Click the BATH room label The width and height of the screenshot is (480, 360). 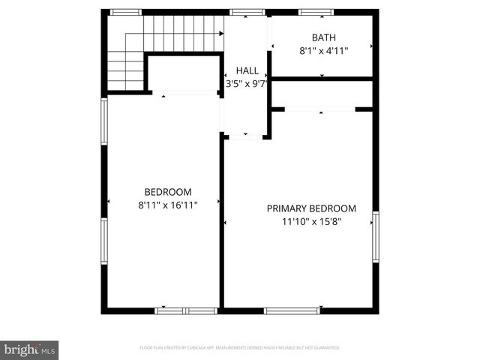tap(324, 37)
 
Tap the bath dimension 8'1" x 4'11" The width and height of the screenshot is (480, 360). tap(324, 51)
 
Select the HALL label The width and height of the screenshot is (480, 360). tap(247, 70)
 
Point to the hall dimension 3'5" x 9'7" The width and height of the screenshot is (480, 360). tap(247, 84)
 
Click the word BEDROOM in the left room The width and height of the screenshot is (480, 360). tap(168, 191)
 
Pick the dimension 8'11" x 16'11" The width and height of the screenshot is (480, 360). tap(168, 205)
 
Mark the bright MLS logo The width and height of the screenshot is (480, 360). tap(30, 349)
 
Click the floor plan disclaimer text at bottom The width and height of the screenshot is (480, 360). tap(240, 348)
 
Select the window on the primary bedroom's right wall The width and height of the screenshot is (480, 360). tap(375, 237)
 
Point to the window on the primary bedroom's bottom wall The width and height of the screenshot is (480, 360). tap(292, 310)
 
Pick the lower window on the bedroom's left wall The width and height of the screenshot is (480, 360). tap(105, 242)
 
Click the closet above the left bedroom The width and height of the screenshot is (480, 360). tap(182, 73)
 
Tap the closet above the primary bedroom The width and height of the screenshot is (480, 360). tap(322, 94)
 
